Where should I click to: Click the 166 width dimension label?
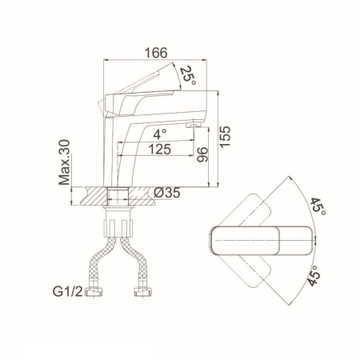[156, 53]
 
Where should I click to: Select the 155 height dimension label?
[225, 136]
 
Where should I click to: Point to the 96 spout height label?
[202, 154]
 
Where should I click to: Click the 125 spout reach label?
[159, 149]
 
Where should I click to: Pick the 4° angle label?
[160, 134]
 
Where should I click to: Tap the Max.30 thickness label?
[64, 162]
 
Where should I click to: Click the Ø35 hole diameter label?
[167, 193]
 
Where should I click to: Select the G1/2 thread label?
[68, 291]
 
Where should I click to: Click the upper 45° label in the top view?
[318, 207]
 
